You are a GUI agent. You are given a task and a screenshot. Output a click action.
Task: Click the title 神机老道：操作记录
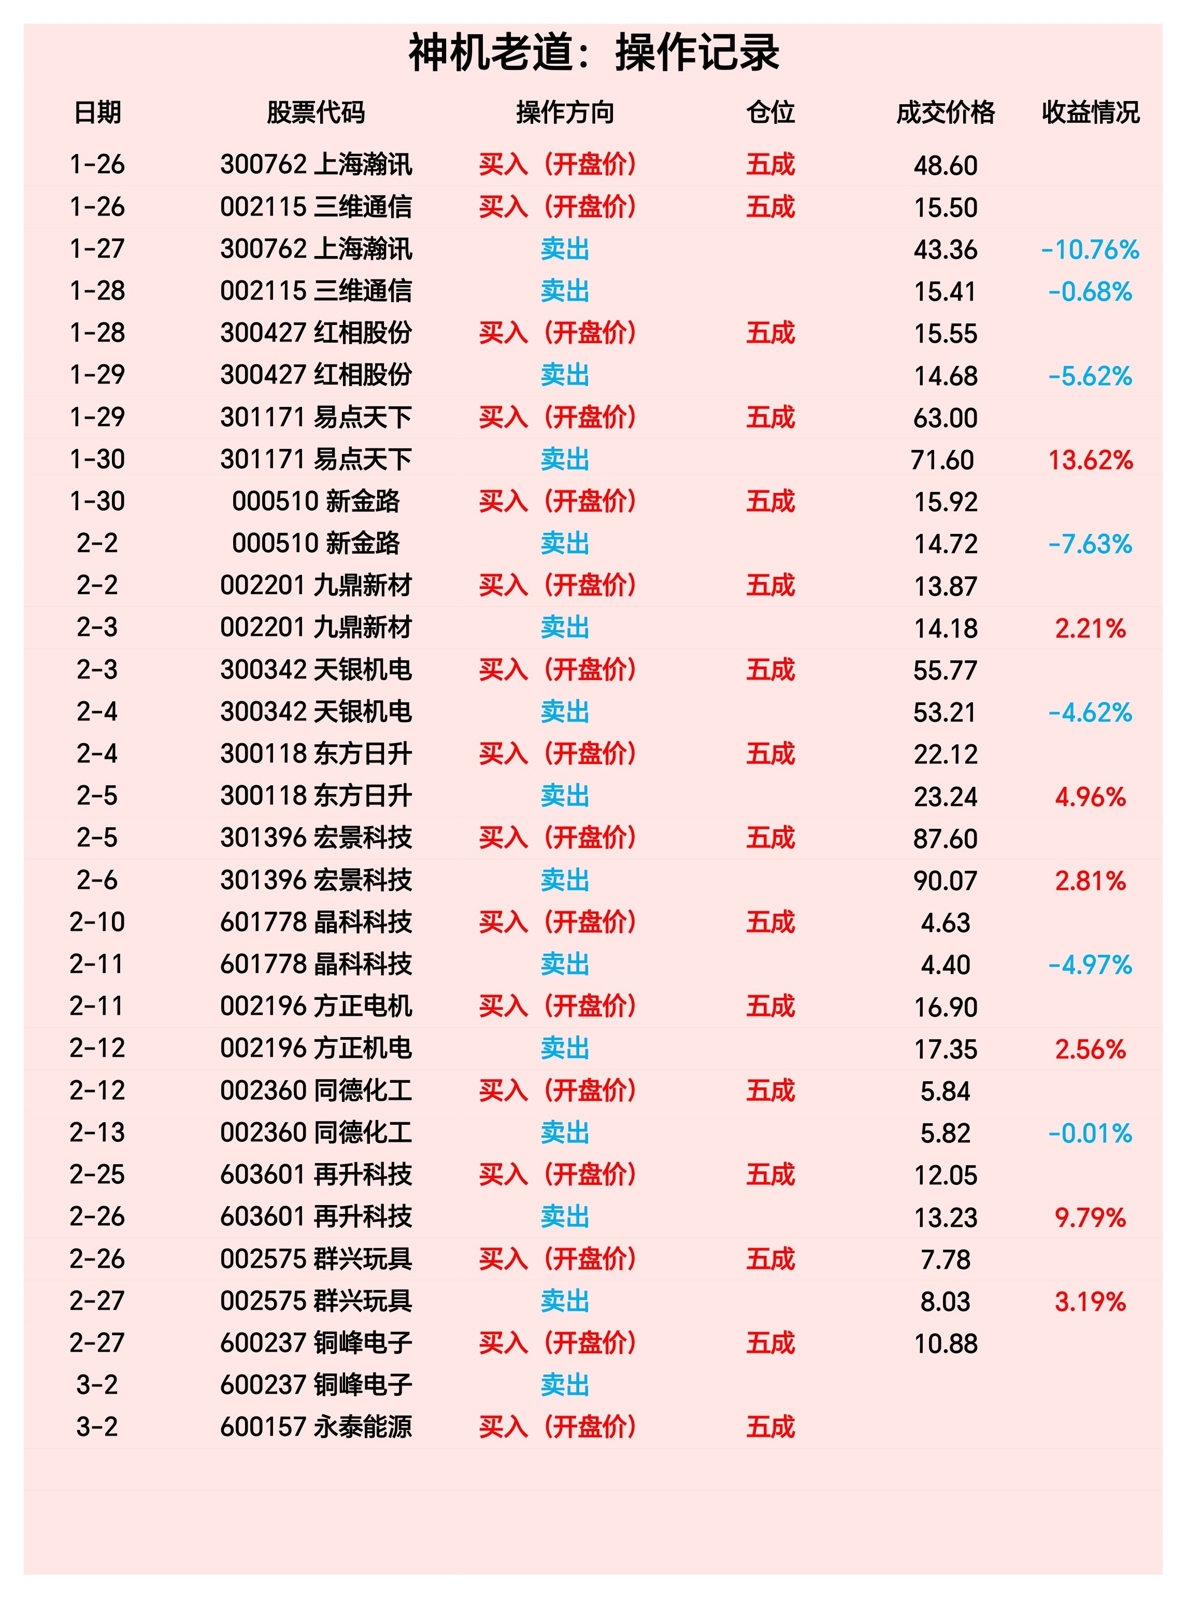(x=594, y=52)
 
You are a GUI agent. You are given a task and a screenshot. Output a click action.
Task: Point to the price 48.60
(x=945, y=165)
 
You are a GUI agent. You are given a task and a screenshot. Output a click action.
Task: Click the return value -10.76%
(x=1090, y=249)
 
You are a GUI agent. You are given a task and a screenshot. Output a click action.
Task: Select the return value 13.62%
(x=1090, y=460)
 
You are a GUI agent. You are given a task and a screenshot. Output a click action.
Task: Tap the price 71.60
(x=942, y=460)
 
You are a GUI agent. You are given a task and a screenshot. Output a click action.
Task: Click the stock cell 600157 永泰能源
(x=316, y=1426)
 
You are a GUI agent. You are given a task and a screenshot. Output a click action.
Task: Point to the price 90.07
(x=945, y=880)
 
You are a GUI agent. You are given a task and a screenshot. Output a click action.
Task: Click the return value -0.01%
(x=1090, y=1134)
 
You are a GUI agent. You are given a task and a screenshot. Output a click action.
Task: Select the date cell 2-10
(x=97, y=922)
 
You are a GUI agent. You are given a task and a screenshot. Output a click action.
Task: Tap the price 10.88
(x=945, y=1343)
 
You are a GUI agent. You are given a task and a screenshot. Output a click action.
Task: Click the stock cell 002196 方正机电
(x=316, y=1048)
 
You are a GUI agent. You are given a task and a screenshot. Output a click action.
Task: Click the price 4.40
(x=945, y=965)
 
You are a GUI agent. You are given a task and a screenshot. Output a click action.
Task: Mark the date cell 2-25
(x=97, y=1175)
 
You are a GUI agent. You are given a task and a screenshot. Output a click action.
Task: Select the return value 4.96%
(x=1090, y=796)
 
